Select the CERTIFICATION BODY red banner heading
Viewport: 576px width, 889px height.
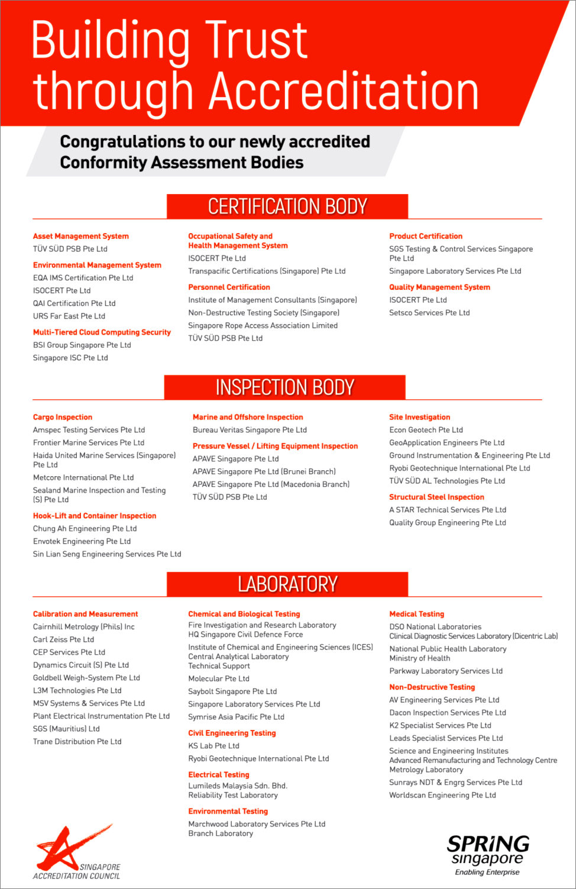coord(287,206)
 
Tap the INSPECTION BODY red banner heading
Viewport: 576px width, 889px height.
coord(285,387)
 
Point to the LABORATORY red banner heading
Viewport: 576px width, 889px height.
coord(287,584)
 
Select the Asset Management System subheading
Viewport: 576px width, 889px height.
coord(81,236)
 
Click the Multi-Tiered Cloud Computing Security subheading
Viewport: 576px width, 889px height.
coord(102,332)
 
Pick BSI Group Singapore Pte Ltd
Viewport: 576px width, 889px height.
coord(82,345)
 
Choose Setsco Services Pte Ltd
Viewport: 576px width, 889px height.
coord(429,313)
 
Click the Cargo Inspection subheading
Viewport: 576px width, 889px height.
coord(63,417)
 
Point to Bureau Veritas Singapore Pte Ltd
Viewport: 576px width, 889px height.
coord(250,430)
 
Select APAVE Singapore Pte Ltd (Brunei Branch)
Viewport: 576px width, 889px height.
coord(264,471)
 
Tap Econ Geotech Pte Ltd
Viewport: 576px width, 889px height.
coord(426,430)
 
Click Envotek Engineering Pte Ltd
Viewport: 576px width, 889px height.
coord(82,541)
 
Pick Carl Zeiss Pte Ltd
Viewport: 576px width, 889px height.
coord(63,639)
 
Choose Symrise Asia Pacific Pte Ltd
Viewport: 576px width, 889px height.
coord(236,717)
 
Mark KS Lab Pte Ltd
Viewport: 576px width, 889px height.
coord(213,746)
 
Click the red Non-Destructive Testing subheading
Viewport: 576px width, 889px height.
coord(432,687)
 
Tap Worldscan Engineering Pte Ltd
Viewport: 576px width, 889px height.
coord(442,795)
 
